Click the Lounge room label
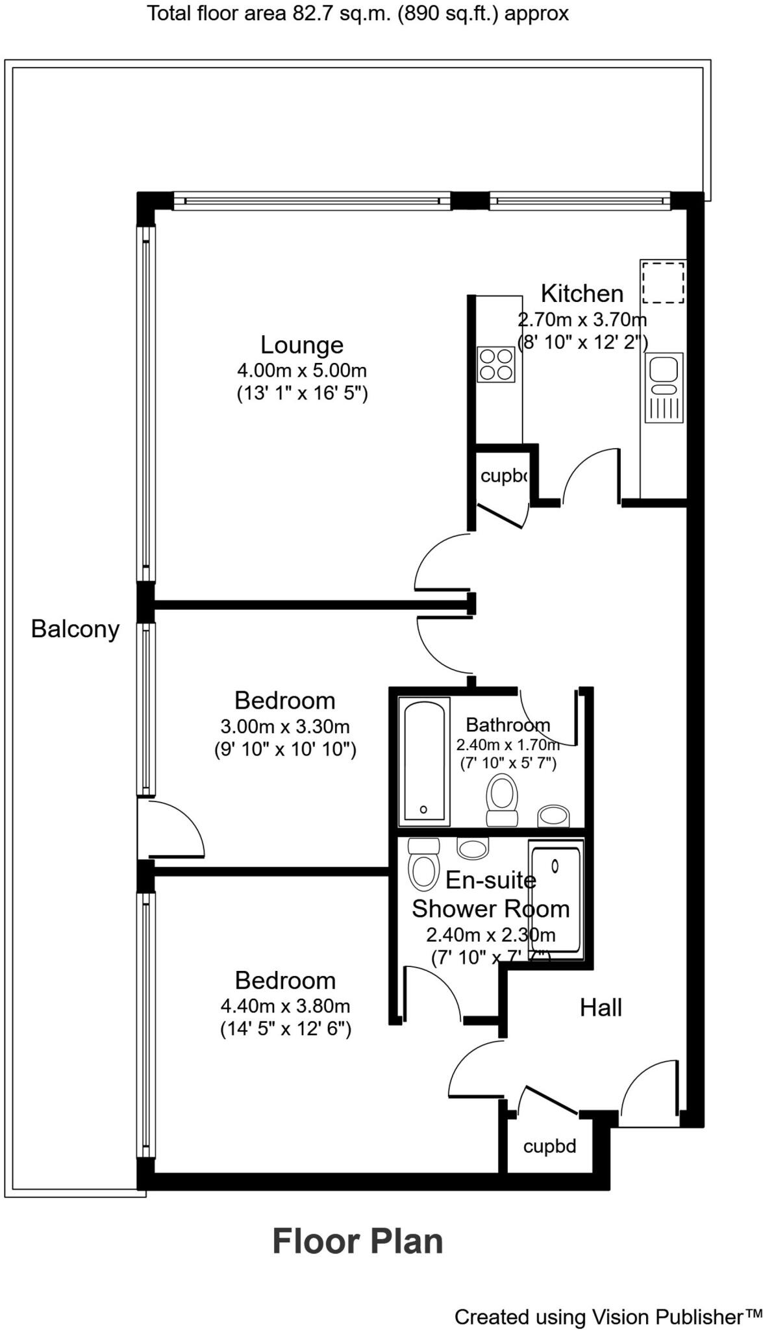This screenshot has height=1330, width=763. pos(301,345)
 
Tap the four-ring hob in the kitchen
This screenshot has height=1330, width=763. pos(496,364)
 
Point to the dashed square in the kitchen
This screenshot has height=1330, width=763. pos(663,282)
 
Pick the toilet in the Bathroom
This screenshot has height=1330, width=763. pos(502,799)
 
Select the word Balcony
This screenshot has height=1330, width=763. pos(75,629)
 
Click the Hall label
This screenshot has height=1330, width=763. pos(601,1008)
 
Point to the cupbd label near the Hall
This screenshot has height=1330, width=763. pos(549,1146)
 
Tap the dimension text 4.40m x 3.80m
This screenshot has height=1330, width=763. pos(285,1006)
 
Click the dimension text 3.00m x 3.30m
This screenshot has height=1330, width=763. pos(285,726)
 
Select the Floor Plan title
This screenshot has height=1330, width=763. pos(358,1241)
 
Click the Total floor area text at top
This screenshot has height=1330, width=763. pos(358,13)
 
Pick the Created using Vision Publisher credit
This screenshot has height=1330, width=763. pos(608,1317)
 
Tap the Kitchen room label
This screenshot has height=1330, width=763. pos(582,294)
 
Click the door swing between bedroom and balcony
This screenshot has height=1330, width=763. pos(172,829)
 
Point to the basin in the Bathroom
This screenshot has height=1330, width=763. pos(553,816)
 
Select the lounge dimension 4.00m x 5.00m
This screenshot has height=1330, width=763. pos(302,371)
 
